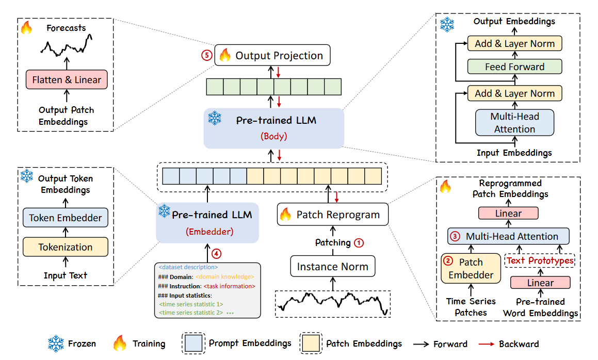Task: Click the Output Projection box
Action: click(272, 55)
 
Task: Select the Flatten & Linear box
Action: click(67, 80)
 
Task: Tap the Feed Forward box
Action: click(514, 67)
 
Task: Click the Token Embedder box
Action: click(65, 218)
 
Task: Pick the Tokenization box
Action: click(65, 247)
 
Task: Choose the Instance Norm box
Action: click(333, 266)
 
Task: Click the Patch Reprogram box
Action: click(333, 215)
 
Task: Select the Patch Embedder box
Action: click(471, 269)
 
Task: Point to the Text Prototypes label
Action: click(540, 261)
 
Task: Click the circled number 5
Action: click(207, 55)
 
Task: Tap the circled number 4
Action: click(216, 254)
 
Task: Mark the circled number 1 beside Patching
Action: click(359, 243)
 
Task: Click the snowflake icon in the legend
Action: click(56, 343)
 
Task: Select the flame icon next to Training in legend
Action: click(119, 343)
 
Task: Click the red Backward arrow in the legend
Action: click(486, 344)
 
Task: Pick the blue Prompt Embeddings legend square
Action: click(193, 343)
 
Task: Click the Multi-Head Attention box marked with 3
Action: click(508, 236)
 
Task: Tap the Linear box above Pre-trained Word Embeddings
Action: click(540, 283)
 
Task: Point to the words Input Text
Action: click(65, 275)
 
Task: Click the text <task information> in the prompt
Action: click(229, 286)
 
